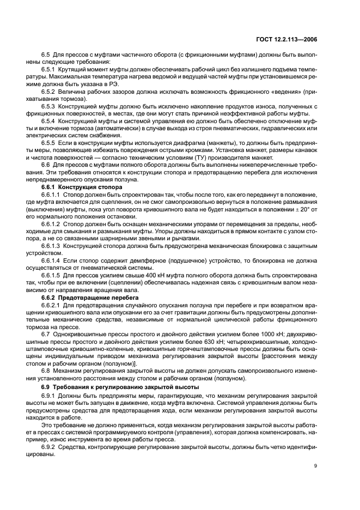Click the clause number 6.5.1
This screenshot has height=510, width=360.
(50, 70)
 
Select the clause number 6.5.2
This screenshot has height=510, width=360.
(50, 92)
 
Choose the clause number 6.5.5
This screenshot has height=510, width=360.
(50, 141)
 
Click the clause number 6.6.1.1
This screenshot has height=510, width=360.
(52, 194)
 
